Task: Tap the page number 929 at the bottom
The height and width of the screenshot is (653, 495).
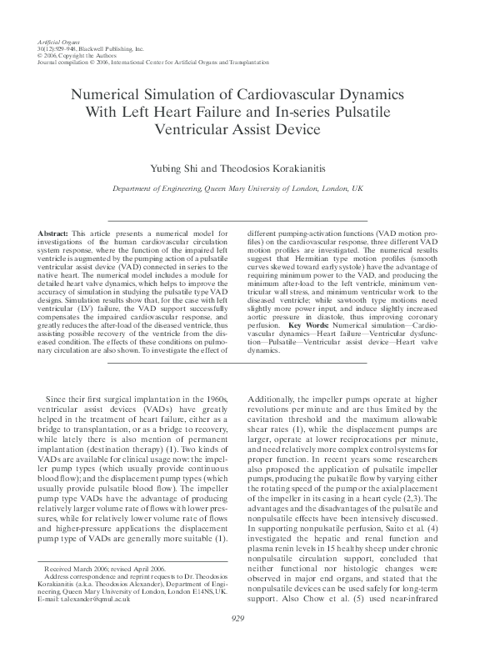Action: [247, 640]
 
